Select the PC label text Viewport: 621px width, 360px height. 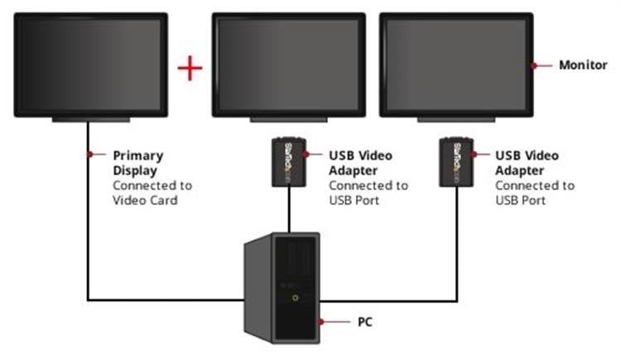click(x=365, y=320)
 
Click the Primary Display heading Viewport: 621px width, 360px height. click(x=138, y=163)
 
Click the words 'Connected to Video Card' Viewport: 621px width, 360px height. click(x=152, y=193)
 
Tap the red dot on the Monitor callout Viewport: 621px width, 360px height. click(x=536, y=65)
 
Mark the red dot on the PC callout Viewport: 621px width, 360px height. click(x=319, y=320)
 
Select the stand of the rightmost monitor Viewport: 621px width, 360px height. click(x=455, y=120)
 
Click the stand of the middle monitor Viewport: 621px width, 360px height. click(x=289, y=120)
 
